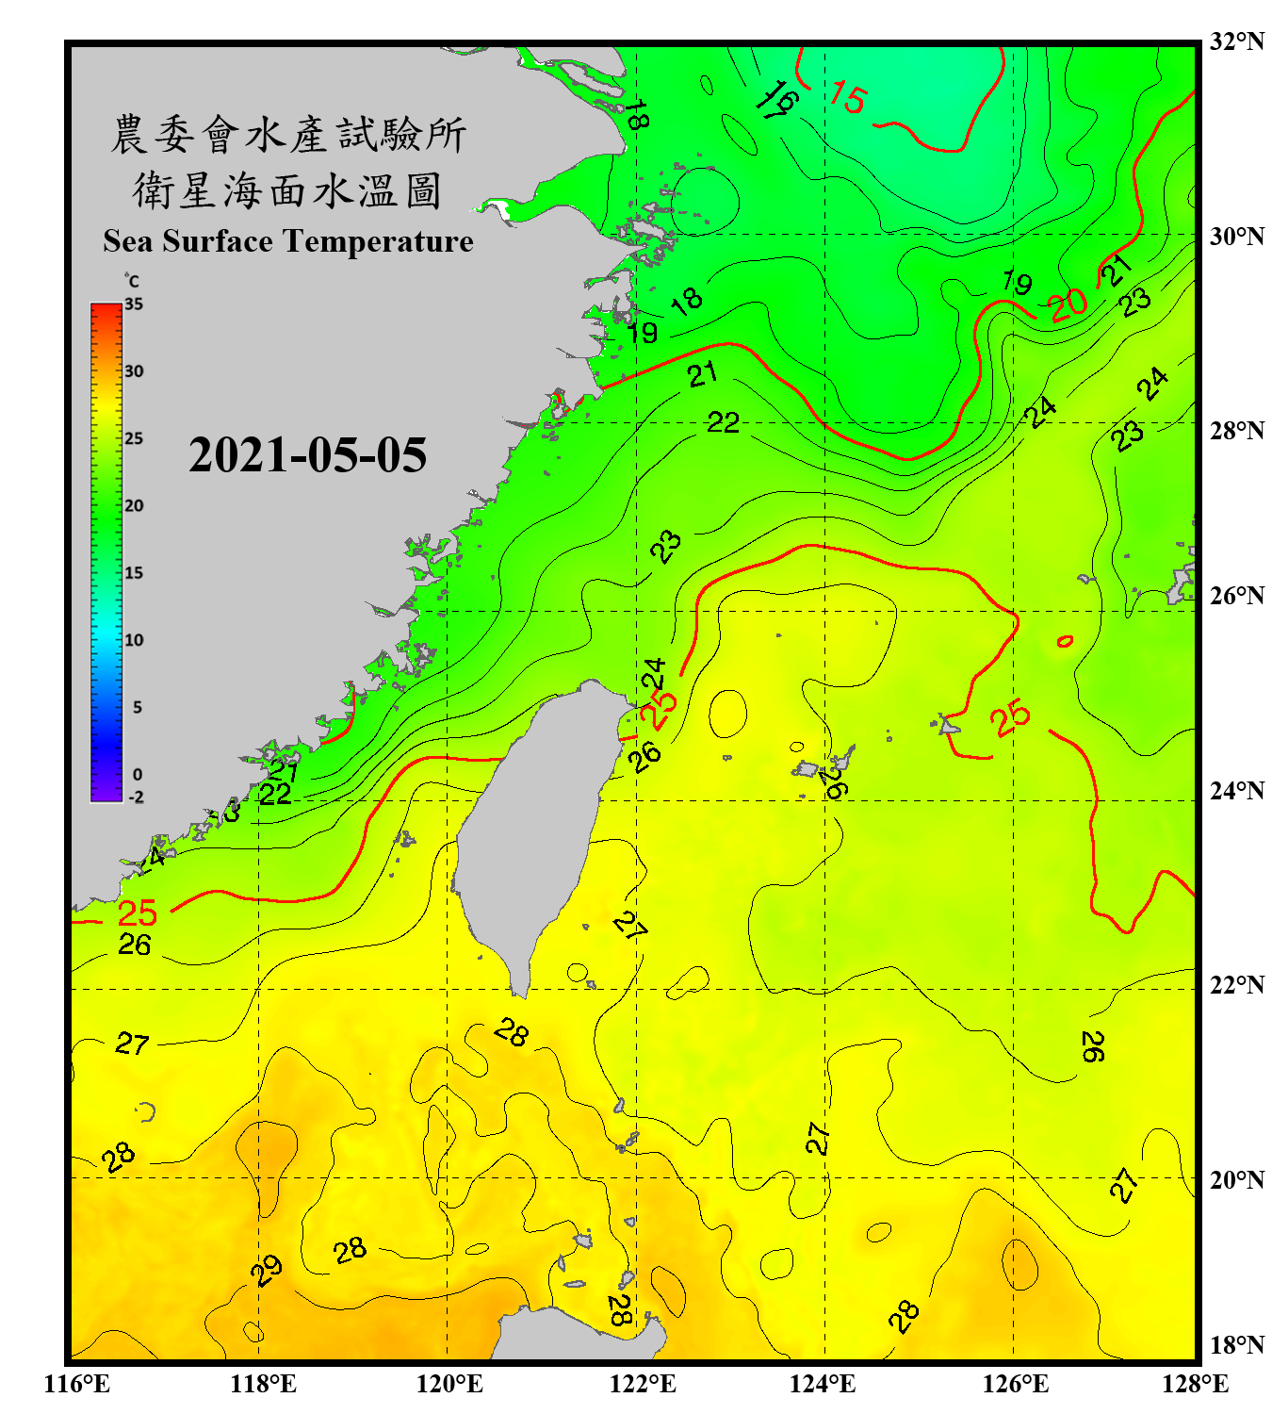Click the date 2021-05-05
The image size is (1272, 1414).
(x=307, y=455)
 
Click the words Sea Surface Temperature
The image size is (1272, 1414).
(x=288, y=241)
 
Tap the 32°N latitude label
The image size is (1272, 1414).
(x=1236, y=41)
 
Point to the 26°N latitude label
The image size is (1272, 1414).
(x=1236, y=596)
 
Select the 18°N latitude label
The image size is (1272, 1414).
(x=1236, y=1344)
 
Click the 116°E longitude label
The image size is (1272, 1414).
(x=77, y=1384)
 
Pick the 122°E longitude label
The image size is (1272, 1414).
(x=643, y=1384)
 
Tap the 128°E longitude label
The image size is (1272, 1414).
(x=1195, y=1384)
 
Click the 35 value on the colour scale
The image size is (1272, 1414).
(x=134, y=304)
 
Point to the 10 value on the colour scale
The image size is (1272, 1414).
(x=134, y=640)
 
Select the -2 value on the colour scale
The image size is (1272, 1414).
(x=136, y=797)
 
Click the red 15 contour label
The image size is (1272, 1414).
(x=848, y=97)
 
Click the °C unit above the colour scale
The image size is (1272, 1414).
(x=132, y=281)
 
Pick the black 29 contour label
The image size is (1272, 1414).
(x=267, y=1270)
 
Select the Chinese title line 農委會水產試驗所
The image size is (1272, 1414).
(x=288, y=135)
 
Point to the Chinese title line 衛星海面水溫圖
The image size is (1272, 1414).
(x=288, y=190)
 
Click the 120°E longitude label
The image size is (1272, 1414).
(x=449, y=1384)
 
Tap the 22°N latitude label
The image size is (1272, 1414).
(x=1236, y=985)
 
